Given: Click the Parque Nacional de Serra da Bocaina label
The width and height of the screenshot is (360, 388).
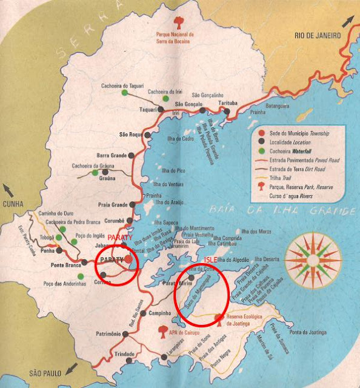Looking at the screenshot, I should point(178,38).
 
